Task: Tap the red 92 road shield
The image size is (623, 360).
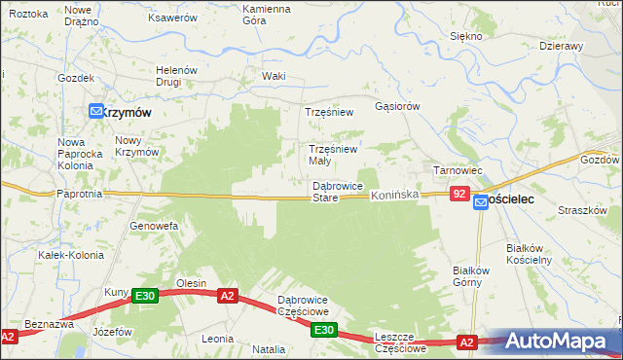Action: pyautogui.click(x=460, y=195)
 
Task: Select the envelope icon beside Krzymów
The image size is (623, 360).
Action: pyautogui.click(x=97, y=112)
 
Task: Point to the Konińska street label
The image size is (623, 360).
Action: pyautogui.click(x=394, y=196)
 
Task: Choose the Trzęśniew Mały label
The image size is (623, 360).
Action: pyautogui.click(x=333, y=155)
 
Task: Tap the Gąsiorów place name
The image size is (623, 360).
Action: pyautogui.click(x=396, y=105)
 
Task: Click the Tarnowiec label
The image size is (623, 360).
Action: pyautogui.click(x=458, y=170)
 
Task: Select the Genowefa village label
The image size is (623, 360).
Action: pyautogui.click(x=154, y=226)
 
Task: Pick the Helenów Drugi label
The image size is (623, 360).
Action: pyautogui.click(x=177, y=76)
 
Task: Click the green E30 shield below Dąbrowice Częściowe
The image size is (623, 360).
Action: pyautogui.click(x=325, y=332)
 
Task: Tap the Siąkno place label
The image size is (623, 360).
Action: pyautogui.click(x=466, y=36)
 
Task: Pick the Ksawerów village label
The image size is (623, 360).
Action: pyautogui.click(x=171, y=18)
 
